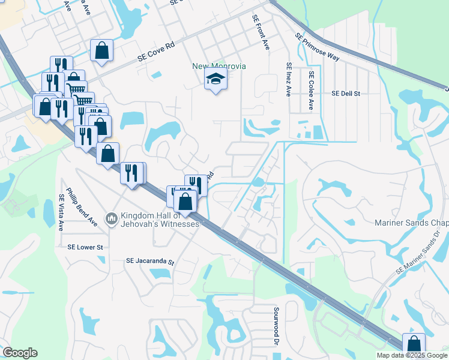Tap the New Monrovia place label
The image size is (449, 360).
coord(218,66)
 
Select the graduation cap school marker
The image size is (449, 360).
coord(215,80)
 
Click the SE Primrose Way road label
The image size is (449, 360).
coord(318,46)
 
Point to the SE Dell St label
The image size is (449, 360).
coord(345,94)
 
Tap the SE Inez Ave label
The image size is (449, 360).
coord(289,80)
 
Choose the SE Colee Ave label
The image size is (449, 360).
coord(311,91)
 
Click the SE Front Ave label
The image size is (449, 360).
coord(261,33)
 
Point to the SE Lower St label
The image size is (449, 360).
coord(85,247)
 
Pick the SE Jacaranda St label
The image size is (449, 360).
coord(149,262)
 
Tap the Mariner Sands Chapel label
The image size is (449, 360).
coord(411,223)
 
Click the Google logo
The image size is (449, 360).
coord(19,353)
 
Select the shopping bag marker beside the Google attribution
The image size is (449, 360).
coord(414,344)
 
